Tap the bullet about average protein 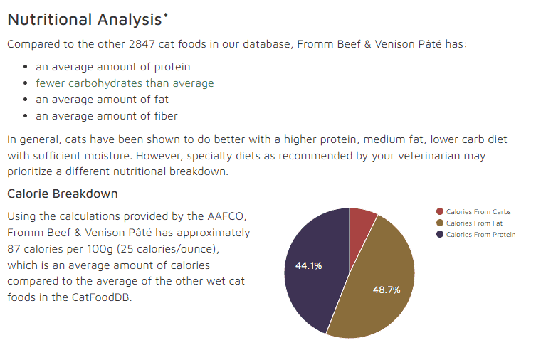click(112, 67)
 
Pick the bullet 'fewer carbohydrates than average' click(125, 83)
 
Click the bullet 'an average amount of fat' click(102, 100)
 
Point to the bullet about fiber click(107, 116)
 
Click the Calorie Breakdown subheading click(63, 194)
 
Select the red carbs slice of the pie click(362, 222)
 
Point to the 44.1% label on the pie click(308, 265)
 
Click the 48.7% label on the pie click(387, 290)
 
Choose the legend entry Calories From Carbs click(478, 211)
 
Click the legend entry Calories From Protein click(480, 234)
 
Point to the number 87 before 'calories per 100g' click(14, 248)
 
